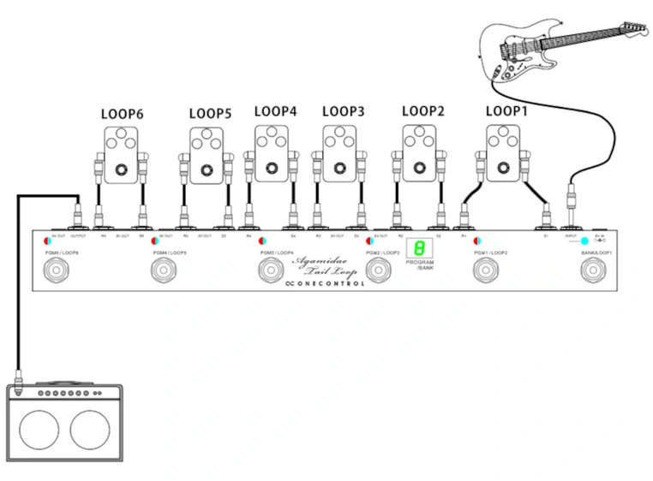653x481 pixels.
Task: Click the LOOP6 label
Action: tap(122, 114)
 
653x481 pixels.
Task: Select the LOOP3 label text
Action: tap(344, 111)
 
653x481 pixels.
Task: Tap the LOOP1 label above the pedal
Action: tap(506, 111)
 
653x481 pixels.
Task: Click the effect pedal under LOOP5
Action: tap(206, 155)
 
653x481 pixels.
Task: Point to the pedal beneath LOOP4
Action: tap(273, 152)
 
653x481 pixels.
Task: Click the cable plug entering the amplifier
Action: tap(18, 377)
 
